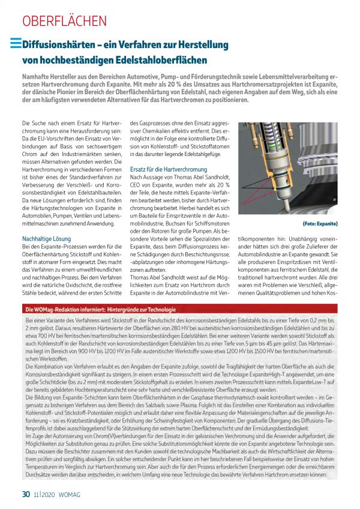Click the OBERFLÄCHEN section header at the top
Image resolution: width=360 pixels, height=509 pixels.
click(64, 20)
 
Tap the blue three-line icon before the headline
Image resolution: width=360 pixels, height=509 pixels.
click(16, 43)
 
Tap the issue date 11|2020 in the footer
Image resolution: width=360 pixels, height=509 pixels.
click(44, 495)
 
